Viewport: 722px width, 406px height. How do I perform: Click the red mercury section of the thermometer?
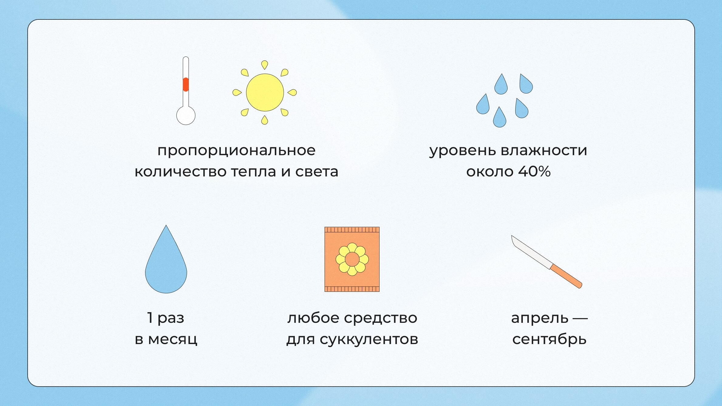coord(186,84)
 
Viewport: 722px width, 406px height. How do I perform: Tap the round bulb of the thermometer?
coord(186,116)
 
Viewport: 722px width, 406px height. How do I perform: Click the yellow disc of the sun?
coord(265,92)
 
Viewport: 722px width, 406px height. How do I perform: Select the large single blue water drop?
coord(166,267)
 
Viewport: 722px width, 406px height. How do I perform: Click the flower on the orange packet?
coord(352,259)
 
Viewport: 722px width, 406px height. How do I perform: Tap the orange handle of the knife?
coord(566,276)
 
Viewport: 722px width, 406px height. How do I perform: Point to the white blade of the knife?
coord(531,252)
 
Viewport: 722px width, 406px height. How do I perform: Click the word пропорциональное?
coord(236,151)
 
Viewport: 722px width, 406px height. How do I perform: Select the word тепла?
coord(254,172)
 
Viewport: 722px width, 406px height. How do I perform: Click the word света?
coord(317,172)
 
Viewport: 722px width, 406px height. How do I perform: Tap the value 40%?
coord(534,172)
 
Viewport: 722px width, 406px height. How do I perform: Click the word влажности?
coord(543,150)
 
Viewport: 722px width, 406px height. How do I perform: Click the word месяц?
coord(172,339)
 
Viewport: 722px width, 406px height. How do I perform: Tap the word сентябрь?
coord(549,339)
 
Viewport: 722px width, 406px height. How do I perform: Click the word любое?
coord(313,318)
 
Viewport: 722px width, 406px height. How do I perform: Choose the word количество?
coord(180,172)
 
